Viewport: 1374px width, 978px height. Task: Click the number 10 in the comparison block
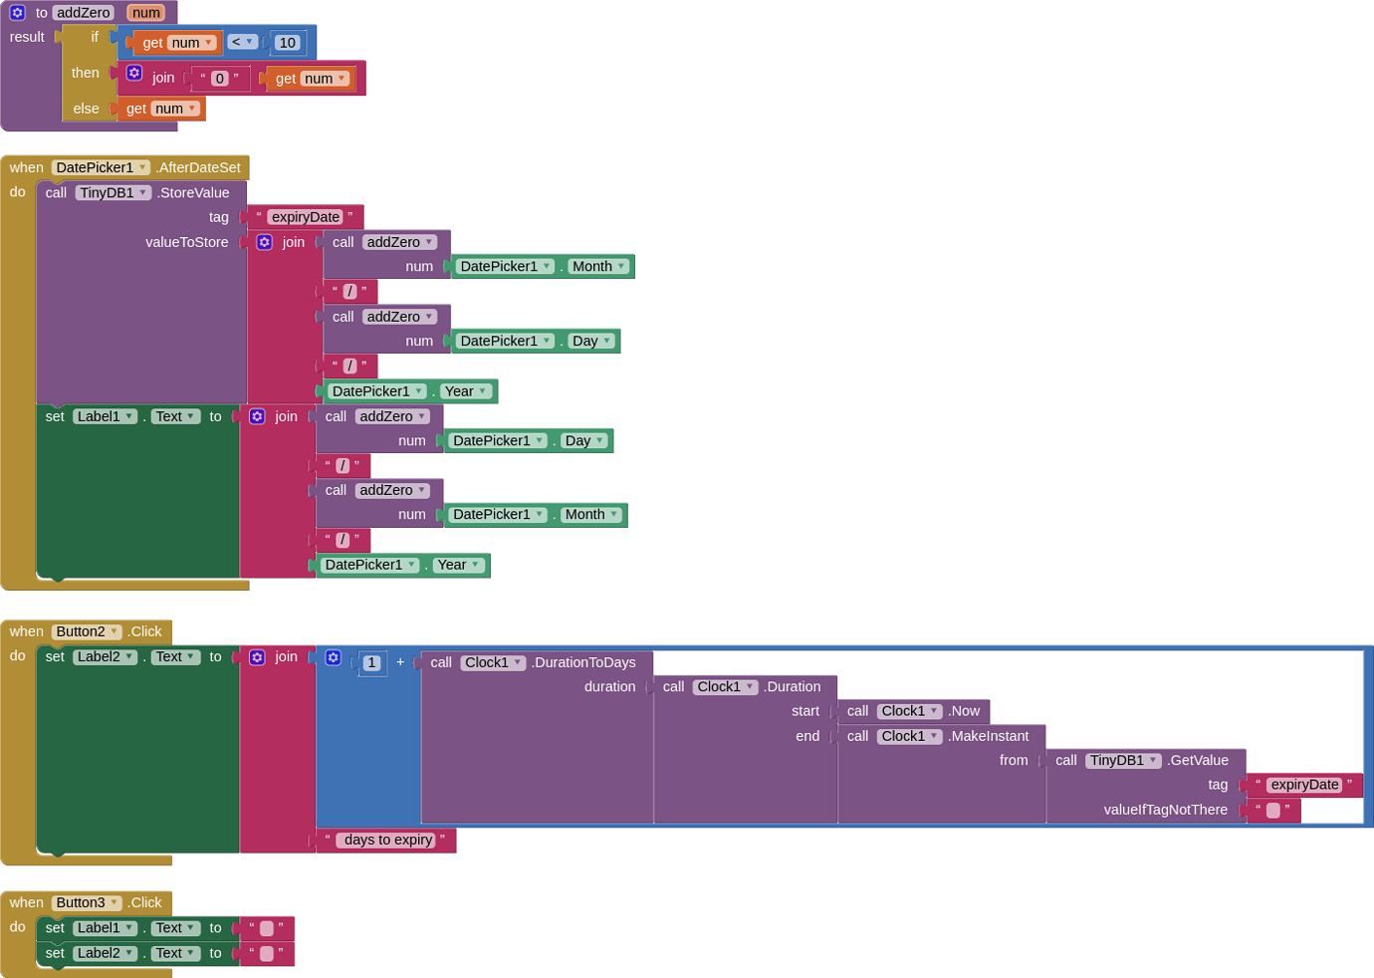pyautogui.click(x=287, y=43)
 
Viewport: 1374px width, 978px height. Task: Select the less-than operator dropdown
pyautogui.click(x=242, y=42)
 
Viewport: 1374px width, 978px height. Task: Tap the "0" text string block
pyautogui.click(x=220, y=78)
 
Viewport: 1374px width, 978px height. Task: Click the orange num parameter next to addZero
pyautogui.click(x=146, y=12)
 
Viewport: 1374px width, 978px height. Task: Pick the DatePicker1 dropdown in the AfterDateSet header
pyautogui.click(x=101, y=167)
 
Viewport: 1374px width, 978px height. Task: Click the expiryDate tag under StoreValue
pyautogui.click(x=305, y=216)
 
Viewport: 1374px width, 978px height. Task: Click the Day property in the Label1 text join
pyautogui.click(x=583, y=440)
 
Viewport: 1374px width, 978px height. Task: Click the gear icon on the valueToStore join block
pyautogui.click(x=265, y=242)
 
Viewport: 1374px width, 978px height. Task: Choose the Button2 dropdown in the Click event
pyautogui.click(x=86, y=631)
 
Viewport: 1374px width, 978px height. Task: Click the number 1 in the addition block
pyautogui.click(x=371, y=662)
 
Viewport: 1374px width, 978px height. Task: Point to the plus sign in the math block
pyautogui.click(x=400, y=662)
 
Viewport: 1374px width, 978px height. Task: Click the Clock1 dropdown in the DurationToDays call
pyautogui.click(x=493, y=662)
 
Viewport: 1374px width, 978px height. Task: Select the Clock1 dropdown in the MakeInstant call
pyautogui.click(x=909, y=736)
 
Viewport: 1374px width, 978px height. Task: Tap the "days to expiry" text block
pyautogui.click(x=386, y=840)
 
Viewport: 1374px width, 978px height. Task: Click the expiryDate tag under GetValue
pyautogui.click(x=1304, y=785)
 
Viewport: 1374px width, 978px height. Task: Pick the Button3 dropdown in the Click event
pyautogui.click(x=86, y=902)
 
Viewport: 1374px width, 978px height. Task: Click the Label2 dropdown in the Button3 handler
pyautogui.click(x=105, y=953)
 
